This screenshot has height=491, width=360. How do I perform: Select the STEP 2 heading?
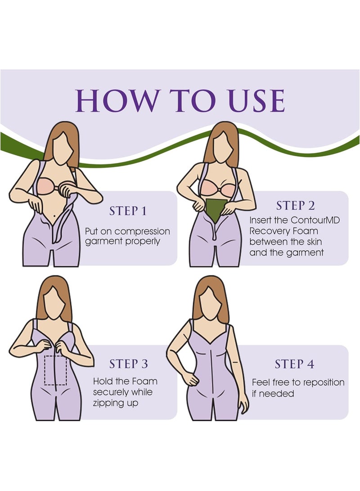295,206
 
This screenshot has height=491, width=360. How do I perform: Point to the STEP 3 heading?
128,364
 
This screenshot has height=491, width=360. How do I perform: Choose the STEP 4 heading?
295,364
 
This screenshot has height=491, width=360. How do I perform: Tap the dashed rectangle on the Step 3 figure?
55,370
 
